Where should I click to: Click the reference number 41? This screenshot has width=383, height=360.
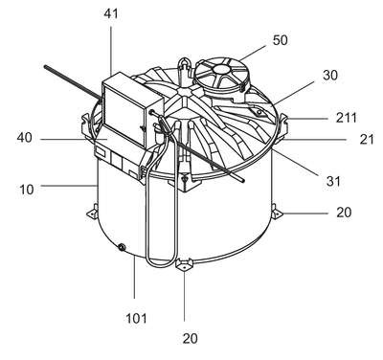coord(111,13)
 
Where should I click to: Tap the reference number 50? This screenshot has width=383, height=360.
coord(280,40)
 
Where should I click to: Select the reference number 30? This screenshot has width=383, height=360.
coord(330,76)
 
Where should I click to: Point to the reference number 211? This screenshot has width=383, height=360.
coord(347,118)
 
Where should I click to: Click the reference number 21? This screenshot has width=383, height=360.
coord(367,140)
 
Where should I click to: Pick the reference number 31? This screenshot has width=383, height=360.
coord(333,181)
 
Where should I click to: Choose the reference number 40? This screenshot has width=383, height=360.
coord(25,138)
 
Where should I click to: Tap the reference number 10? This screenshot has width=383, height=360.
coord(27,190)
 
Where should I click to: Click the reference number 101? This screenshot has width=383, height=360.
coord(136,318)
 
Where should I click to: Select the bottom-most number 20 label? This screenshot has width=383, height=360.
coord(190,338)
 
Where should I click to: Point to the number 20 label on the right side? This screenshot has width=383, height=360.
coord(344,212)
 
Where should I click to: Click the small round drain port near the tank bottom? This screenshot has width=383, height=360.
coord(122,247)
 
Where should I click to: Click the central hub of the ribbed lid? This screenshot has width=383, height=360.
coord(184,92)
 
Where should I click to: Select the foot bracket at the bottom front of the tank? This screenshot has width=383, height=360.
coord(184,265)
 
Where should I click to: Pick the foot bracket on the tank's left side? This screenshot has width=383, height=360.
coord(93,212)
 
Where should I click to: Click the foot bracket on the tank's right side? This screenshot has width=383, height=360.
coord(277,212)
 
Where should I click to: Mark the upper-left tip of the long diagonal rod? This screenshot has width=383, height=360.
coord(46,67)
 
